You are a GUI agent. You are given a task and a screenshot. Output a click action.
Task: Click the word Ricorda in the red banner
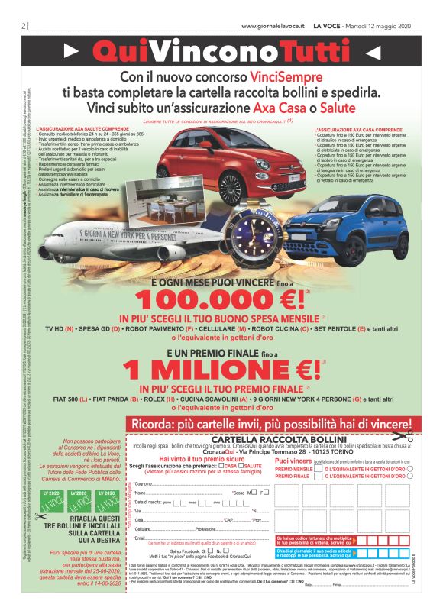(x=178, y=423)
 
